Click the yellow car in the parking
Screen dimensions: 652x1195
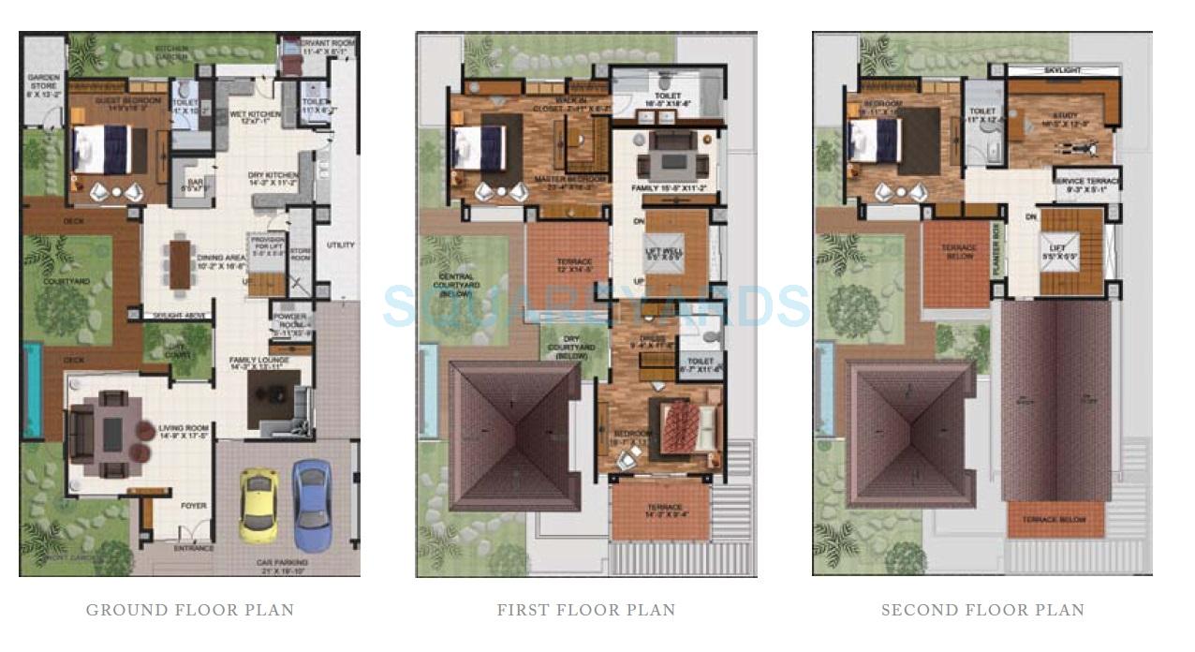click(x=258, y=505)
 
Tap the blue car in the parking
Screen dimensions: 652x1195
click(x=311, y=503)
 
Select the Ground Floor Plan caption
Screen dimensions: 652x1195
click(x=190, y=610)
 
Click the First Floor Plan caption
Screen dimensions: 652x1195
click(x=586, y=610)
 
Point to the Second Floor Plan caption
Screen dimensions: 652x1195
click(x=982, y=610)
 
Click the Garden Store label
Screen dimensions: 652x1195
click(x=43, y=85)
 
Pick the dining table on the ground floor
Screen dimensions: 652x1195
click(x=180, y=264)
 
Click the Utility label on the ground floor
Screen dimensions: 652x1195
click(x=340, y=245)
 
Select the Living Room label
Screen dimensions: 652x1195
click(x=184, y=432)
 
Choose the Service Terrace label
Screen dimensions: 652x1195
click(x=1086, y=185)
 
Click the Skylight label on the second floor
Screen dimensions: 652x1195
click(x=1062, y=71)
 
